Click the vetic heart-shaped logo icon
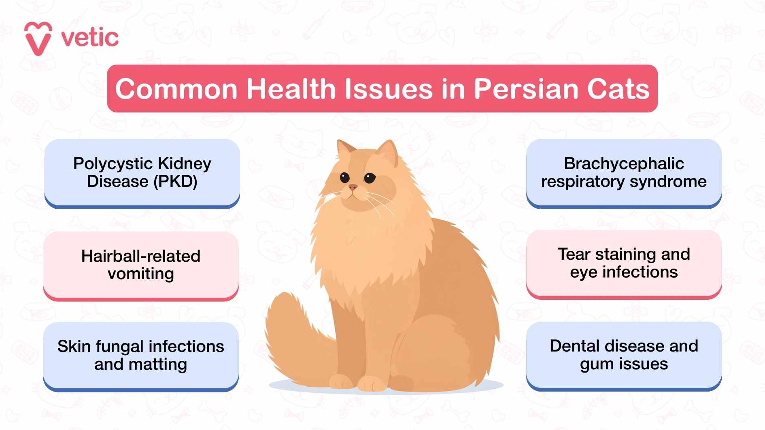click(x=38, y=38)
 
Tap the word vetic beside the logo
click(x=90, y=38)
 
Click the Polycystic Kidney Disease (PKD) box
click(x=142, y=173)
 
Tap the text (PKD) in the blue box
click(x=175, y=182)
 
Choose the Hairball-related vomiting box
click(x=141, y=265)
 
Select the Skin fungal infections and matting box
click(x=141, y=356)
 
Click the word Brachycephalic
click(x=624, y=163)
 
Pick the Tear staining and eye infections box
click(x=624, y=263)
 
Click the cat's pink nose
click(x=353, y=187)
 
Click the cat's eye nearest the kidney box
click(x=344, y=177)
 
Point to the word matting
click(x=157, y=364)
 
